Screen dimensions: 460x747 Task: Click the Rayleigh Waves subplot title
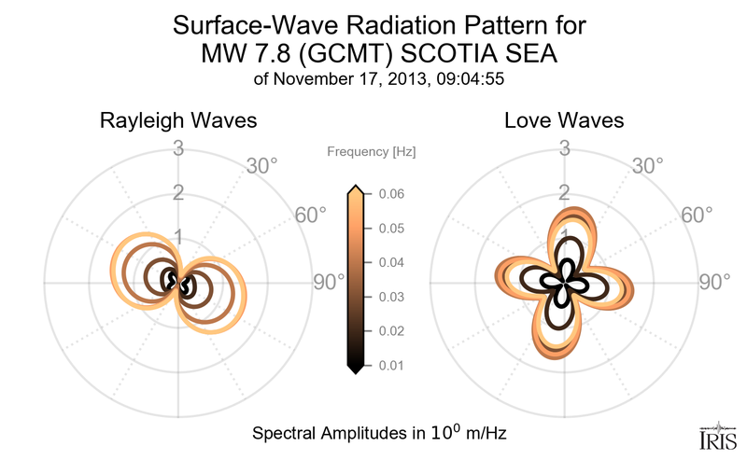(x=178, y=121)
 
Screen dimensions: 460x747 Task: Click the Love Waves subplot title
(x=564, y=121)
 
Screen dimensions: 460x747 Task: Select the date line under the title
(x=379, y=79)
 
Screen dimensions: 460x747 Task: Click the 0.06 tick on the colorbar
(x=391, y=194)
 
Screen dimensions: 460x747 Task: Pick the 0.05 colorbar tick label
(x=391, y=229)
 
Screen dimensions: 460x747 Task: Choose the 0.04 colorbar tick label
(x=391, y=263)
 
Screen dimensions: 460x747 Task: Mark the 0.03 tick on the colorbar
(x=391, y=297)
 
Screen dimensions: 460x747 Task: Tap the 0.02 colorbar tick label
(x=391, y=331)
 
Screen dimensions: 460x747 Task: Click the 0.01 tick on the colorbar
(x=391, y=365)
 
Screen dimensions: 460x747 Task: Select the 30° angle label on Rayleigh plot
(x=261, y=167)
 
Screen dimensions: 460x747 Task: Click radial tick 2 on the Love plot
(x=564, y=193)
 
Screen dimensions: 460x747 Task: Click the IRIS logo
(x=715, y=436)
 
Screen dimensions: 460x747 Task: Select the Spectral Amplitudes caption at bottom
(x=380, y=434)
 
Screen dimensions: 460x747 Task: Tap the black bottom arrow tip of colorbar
(x=355, y=369)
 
